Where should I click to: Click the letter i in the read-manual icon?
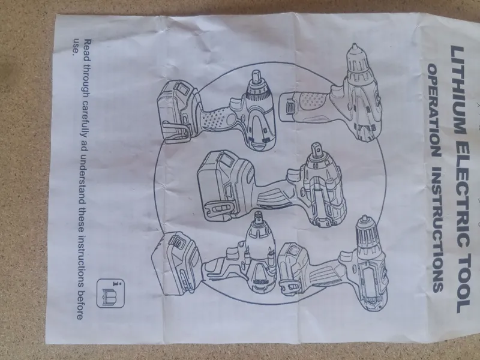(116, 283)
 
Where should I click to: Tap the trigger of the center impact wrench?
(293, 178)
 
